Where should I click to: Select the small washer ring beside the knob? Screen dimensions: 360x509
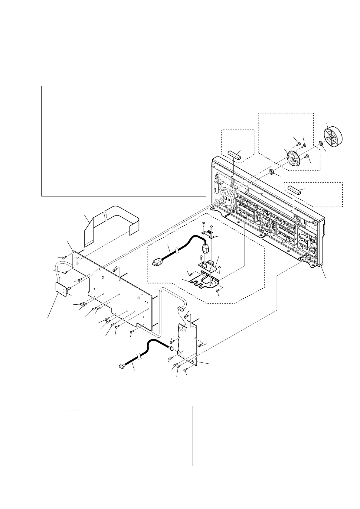[x=320, y=143]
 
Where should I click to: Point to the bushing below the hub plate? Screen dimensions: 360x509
[x=271, y=172]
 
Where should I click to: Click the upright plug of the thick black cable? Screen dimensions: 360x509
[x=205, y=249]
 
